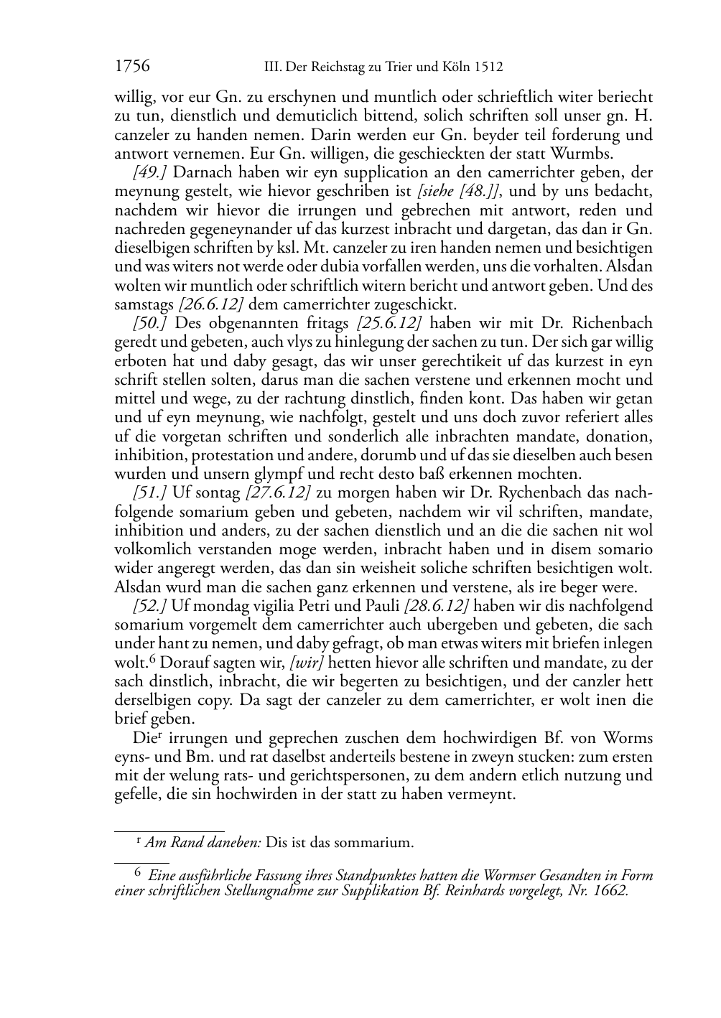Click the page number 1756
(132, 67)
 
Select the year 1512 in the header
(488, 67)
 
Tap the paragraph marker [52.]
(150, 605)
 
